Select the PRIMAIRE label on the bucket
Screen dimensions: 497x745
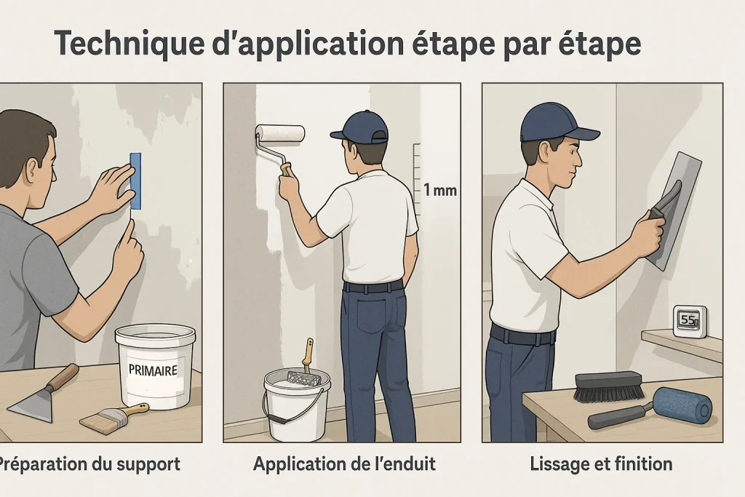pos(153,370)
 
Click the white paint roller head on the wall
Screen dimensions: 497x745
pos(280,133)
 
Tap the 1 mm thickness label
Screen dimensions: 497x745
pos(439,191)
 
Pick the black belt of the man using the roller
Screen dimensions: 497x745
pos(373,287)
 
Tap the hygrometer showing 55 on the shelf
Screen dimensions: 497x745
pos(688,321)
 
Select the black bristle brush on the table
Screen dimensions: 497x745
pos(607,386)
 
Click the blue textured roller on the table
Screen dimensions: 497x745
pos(680,405)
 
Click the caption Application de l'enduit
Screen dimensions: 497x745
pos(344,464)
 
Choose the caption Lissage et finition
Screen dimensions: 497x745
pos(601,464)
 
